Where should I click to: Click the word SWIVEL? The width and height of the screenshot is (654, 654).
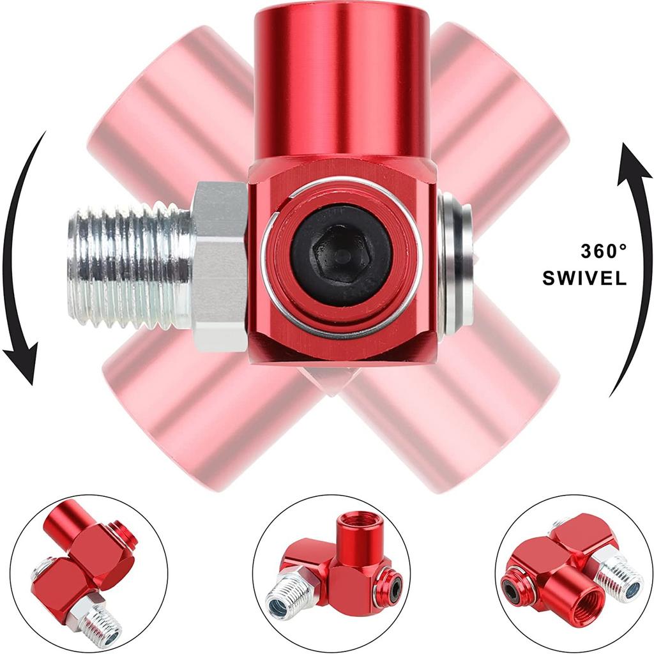tap(584, 278)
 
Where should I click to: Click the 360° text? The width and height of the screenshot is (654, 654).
tap(599, 251)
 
